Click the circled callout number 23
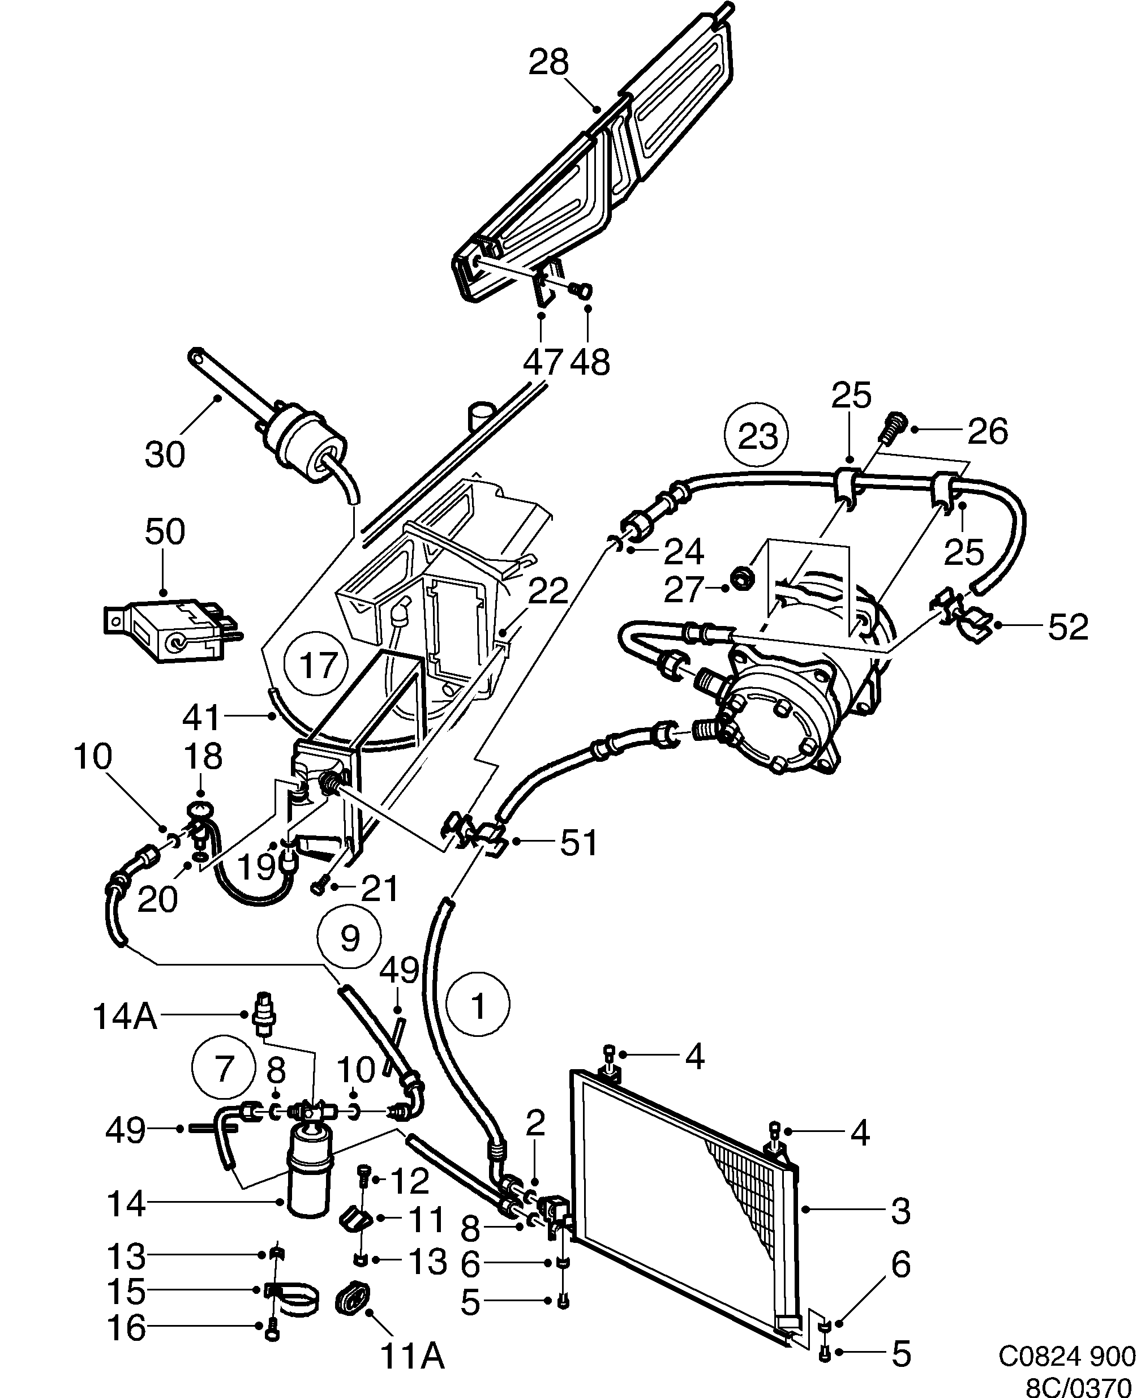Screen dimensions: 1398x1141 coord(758,436)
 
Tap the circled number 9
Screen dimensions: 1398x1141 coord(349,937)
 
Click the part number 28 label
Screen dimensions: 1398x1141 coord(550,64)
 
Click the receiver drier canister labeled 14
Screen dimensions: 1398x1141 coord(310,1183)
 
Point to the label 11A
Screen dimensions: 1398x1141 coord(413,1356)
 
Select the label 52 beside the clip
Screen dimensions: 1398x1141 coord(1068,627)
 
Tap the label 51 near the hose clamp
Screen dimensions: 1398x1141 coord(578,843)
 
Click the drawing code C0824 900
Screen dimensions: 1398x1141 coord(1067,1354)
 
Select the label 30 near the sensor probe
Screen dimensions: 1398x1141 coord(164,453)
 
